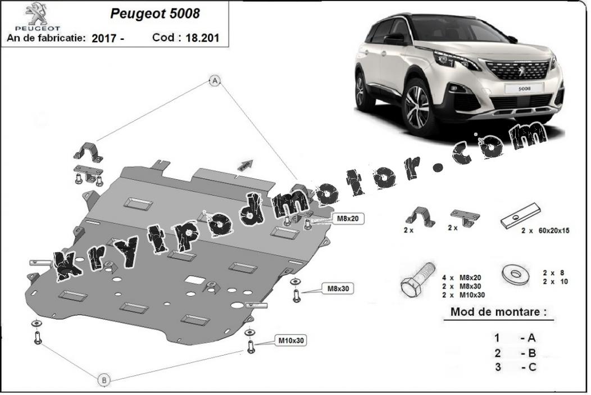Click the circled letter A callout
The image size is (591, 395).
[215, 80]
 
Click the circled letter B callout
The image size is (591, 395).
[104, 380]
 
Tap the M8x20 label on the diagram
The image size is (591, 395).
[348, 219]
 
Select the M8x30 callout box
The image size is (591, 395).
[338, 289]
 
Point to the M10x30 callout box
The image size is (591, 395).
[290, 340]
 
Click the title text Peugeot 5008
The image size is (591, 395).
[155, 13]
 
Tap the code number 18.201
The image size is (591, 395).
[202, 38]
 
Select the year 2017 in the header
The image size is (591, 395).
[104, 38]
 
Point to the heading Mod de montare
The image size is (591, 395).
[499, 312]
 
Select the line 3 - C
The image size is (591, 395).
[515, 367]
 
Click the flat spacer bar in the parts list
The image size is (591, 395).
[521, 215]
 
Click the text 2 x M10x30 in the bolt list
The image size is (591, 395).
[463, 295]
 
